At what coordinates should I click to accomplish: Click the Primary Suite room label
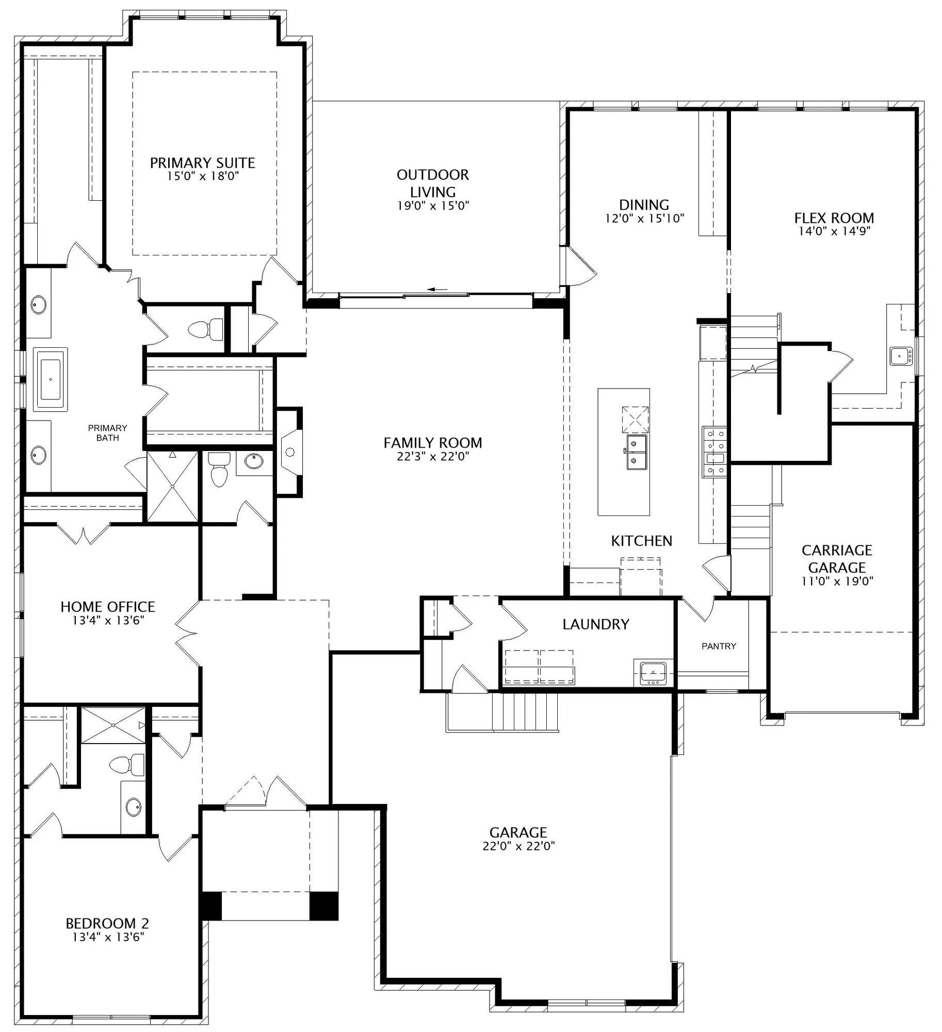tap(202, 163)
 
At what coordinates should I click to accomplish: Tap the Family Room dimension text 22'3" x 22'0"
tap(433, 456)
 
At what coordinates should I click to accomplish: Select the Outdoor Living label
tap(433, 183)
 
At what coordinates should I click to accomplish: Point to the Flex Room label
tap(834, 218)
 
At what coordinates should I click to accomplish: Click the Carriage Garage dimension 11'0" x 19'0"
tap(837, 581)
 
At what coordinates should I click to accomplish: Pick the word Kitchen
tap(642, 541)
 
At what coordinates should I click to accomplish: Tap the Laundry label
tap(596, 624)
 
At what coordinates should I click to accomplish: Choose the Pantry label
tap(719, 646)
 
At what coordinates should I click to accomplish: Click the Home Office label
tap(108, 607)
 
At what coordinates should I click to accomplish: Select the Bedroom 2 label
tap(107, 923)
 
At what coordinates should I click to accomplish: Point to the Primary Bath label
tap(107, 433)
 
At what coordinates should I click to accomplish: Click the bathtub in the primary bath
tap(51, 379)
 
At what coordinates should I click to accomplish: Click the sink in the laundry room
tap(653, 673)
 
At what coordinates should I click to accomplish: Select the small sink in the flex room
tap(901, 356)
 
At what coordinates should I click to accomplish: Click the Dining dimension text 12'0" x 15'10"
tap(644, 218)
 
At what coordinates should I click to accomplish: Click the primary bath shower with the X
tap(172, 487)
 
